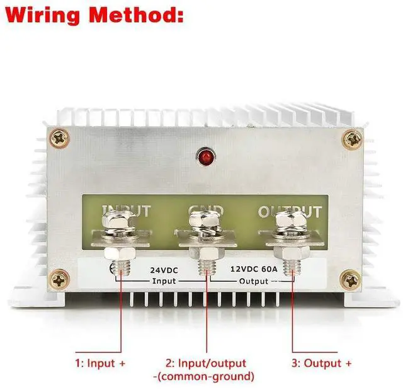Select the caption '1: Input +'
pyautogui.click(x=100, y=364)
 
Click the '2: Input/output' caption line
pyautogui.click(x=206, y=364)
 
